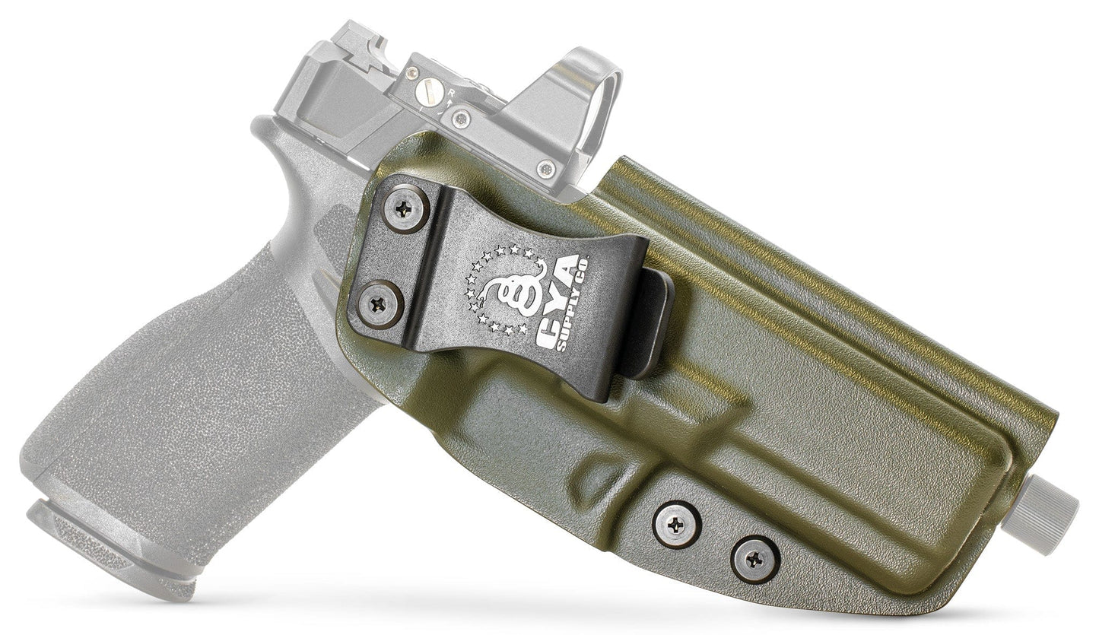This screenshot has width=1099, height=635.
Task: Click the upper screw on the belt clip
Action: coord(405,207)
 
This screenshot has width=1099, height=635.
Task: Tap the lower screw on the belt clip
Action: coord(380,304)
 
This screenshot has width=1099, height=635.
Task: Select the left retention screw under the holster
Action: coord(676,523)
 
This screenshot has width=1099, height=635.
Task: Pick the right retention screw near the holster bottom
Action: coord(754,559)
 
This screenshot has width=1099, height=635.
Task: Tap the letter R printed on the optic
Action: coord(451,93)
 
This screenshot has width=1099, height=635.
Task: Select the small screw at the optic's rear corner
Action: coord(411,74)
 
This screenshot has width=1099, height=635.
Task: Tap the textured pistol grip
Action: coord(190,380)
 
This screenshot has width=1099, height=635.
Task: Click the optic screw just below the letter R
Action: coord(459,119)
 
